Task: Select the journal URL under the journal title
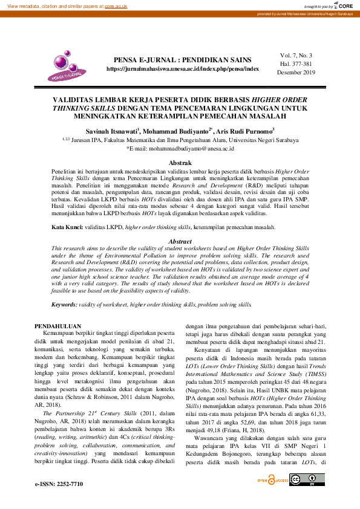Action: pos(183,69)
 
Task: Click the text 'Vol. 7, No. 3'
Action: pos(296,55)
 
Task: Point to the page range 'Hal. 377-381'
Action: pos(296,63)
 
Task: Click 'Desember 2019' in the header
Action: pos(296,72)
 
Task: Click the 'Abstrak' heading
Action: pos(180,163)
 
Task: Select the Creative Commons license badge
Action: pos(304,481)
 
